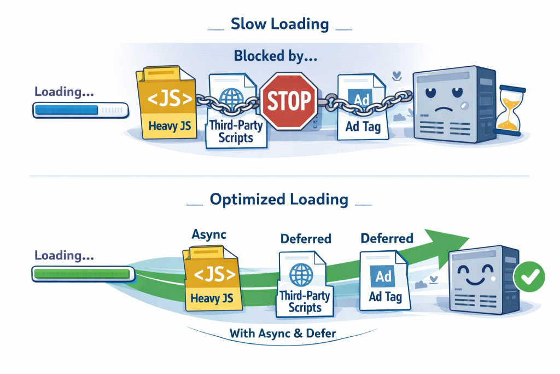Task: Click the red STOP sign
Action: pyautogui.click(x=289, y=101)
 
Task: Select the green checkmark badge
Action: pyautogui.click(x=529, y=278)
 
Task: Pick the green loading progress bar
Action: pyautogui.click(x=81, y=273)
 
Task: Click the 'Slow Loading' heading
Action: pyautogui.click(x=279, y=24)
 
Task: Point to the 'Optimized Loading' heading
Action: pyautogui.click(x=279, y=199)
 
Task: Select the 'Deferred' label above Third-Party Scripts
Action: pyautogui.click(x=306, y=239)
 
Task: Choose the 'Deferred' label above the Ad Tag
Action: pyautogui.click(x=387, y=238)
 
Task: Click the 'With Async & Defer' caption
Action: pyautogui.click(x=282, y=332)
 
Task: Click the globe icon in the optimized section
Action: pyautogui.click(x=300, y=272)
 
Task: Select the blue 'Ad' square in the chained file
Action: pyautogui.click(x=362, y=100)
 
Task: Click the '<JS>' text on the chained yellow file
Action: pyautogui.click(x=170, y=100)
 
